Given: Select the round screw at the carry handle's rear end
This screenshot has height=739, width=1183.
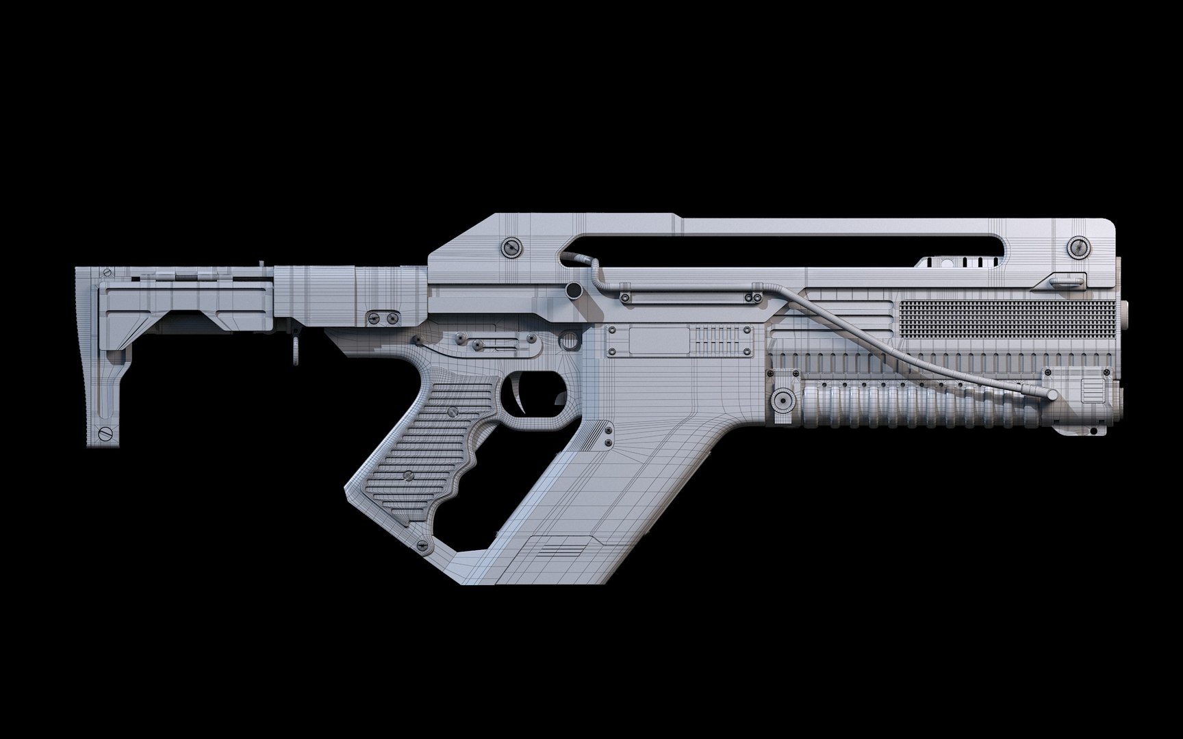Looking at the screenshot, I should [x=509, y=247].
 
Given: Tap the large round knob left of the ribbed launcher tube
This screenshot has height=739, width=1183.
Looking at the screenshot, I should [x=780, y=399].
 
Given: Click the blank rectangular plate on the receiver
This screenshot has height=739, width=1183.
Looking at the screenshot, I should [x=658, y=340].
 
